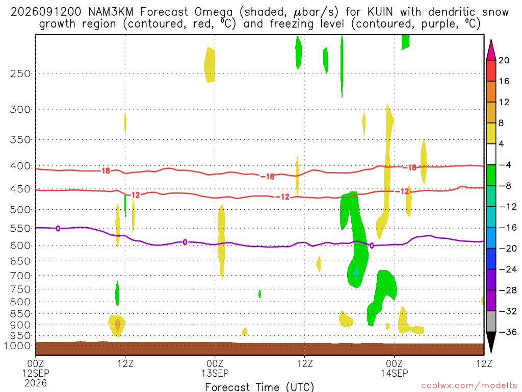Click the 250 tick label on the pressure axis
coord(20,73)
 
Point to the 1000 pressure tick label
coord(17,346)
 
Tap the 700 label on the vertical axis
coord(20,276)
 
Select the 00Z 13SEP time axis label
coord(215,369)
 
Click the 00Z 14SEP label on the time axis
coord(395,369)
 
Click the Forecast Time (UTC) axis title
coord(259,387)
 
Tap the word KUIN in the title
coord(380,12)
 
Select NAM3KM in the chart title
coord(111,12)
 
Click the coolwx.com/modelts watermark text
coord(469,385)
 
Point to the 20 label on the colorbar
coord(504,60)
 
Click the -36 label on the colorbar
coord(508,332)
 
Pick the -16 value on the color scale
coord(508,227)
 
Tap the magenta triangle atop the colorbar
coord(491,50)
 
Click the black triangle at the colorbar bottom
coord(491,342)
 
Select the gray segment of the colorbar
coord(491,322)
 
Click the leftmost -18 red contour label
coord(106,171)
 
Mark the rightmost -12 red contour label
coord(404,191)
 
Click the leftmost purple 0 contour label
coord(58,228)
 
